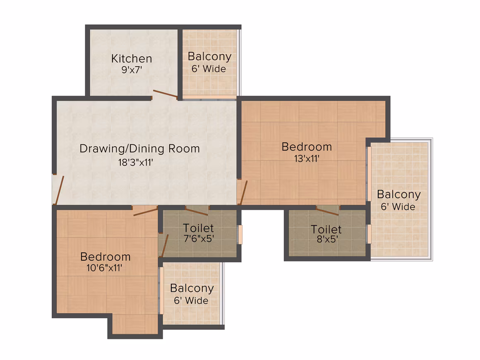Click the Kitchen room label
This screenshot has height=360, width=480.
pyautogui.click(x=132, y=58)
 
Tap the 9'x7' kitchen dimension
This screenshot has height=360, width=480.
pyautogui.click(x=132, y=70)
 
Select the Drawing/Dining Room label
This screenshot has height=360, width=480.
pyautogui.click(x=139, y=149)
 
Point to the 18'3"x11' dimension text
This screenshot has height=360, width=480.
pyautogui.click(x=136, y=162)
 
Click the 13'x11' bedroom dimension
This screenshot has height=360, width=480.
pyautogui.click(x=307, y=158)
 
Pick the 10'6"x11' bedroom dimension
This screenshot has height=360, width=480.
pyautogui.click(x=104, y=268)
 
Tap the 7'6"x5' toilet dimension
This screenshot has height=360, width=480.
pyautogui.click(x=199, y=238)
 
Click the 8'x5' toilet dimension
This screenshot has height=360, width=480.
pyautogui.click(x=327, y=239)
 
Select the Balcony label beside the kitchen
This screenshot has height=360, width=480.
pyautogui.click(x=210, y=56)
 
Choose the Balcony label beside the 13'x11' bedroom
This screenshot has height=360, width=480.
pyautogui.click(x=399, y=194)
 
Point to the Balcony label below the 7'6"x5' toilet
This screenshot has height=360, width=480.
pyautogui.click(x=192, y=288)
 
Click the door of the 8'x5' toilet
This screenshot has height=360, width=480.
pyautogui.click(x=327, y=211)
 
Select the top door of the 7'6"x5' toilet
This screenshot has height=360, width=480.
pyautogui.click(x=197, y=211)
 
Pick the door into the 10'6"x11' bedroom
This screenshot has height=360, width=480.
pyautogui.click(x=146, y=211)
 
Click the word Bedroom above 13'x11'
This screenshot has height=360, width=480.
pyautogui.click(x=307, y=147)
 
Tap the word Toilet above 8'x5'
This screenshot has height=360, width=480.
pyautogui.click(x=326, y=229)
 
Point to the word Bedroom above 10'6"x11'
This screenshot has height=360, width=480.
pyautogui.click(x=105, y=257)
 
